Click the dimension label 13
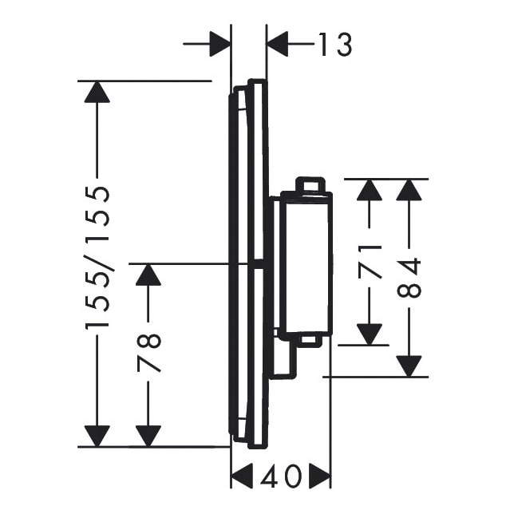coord(335,44)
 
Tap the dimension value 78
coord(148,352)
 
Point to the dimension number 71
coord(370,262)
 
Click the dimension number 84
coord(409,278)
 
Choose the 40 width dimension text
coord(281,476)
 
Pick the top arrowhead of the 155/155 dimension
coord(97,93)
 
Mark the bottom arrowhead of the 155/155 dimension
coord(97,436)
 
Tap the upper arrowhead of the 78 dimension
coord(148,275)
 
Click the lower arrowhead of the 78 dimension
coord(148,436)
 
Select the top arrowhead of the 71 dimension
coord(370,190)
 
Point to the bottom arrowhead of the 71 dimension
coord(370,334)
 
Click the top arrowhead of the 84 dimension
coord(409,190)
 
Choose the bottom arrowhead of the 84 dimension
coord(409,366)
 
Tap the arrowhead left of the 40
coord(242,476)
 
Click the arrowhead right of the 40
coord(320,476)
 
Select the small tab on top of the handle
coord(310,184)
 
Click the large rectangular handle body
coord(306,263)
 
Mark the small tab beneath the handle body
coord(310,340)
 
